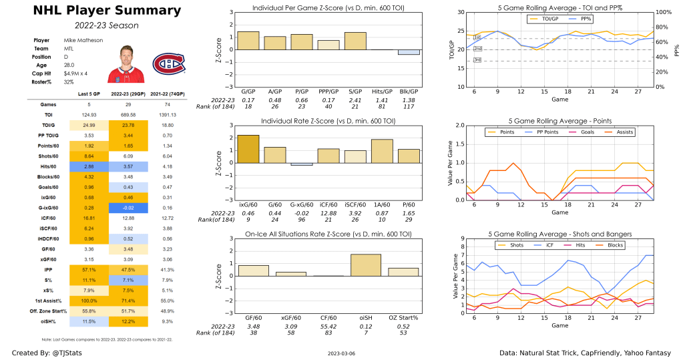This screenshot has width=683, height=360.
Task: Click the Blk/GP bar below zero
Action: pyautogui.click(x=409, y=52)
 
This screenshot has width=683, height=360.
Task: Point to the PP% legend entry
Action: pyautogui.click(x=583, y=19)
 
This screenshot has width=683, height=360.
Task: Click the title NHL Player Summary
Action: pyautogui.click(x=97, y=10)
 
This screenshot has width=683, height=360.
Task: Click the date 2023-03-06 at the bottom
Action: pyautogui.click(x=341, y=353)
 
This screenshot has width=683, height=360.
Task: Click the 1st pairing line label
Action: pyautogui.click(x=477, y=37)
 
